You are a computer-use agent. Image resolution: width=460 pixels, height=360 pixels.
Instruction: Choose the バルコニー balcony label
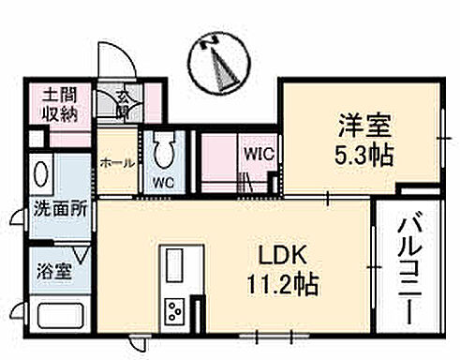click(x=408, y=266)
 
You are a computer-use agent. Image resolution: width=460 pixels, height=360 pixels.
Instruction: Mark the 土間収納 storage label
click(x=58, y=106)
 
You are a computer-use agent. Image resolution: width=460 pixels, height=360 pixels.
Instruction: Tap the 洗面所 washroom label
click(x=61, y=209)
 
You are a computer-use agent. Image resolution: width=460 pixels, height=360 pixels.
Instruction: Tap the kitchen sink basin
click(x=174, y=266)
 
